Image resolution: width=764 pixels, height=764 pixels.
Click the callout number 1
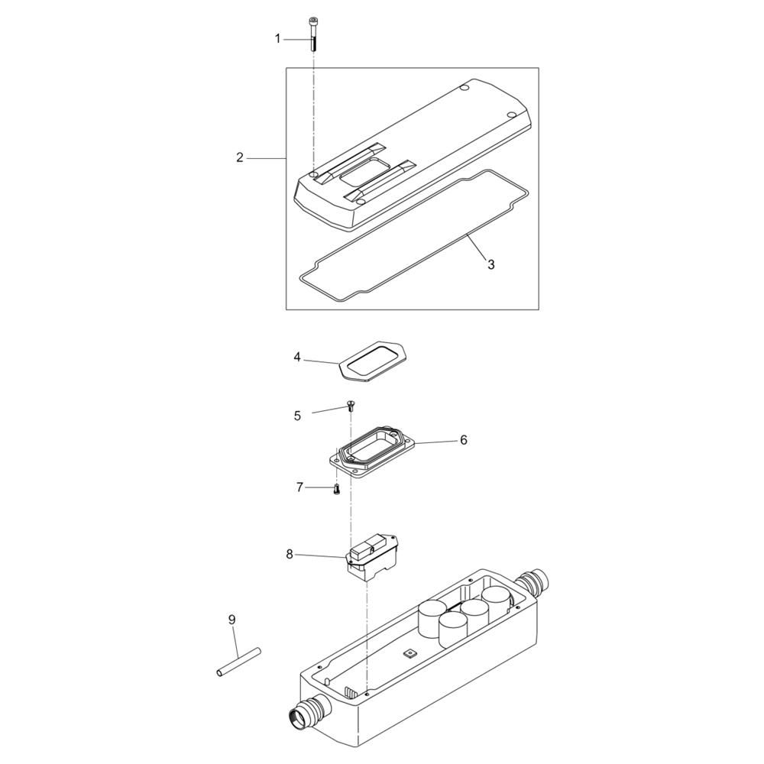pyautogui.click(x=278, y=38)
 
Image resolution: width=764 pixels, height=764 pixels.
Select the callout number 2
pyautogui.click(x=239, y=157)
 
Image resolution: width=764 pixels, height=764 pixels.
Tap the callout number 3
pyautogui.click(x=491, y=264)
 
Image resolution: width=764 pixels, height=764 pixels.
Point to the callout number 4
pyautogui.click(x=297, y=357)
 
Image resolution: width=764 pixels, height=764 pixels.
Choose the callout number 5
pyautogui.click(x=297, y=416)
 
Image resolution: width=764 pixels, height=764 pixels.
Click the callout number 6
pyautogui.click(x=464, y=440)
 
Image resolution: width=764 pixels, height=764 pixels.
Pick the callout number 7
pyautogui.click(x=299, y=487)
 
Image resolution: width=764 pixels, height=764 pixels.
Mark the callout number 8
pyautogui.click(x=290, y=554)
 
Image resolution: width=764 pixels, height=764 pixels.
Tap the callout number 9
pyautogui.click(x=232, y=620)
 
